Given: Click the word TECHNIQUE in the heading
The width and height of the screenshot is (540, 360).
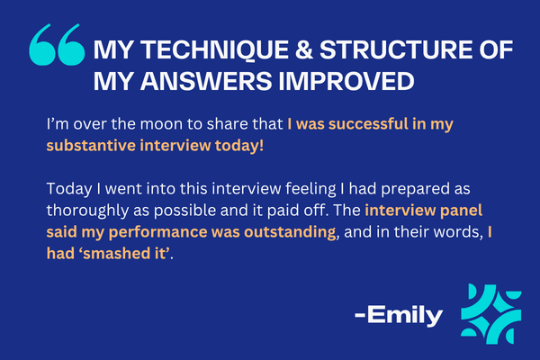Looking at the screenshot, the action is pyautogui.click(x=215, y=50).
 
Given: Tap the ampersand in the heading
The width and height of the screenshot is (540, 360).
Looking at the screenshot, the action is pyautogui.click(x=304, y=50).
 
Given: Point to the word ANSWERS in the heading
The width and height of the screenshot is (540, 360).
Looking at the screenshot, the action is pyautogui.click(x=206, y=81).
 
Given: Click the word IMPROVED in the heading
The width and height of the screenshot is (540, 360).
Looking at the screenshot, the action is pyautogui.click(x=346, y=81).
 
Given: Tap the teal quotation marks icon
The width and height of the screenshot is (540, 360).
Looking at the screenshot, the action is pyautogui.click(x=58, y=44).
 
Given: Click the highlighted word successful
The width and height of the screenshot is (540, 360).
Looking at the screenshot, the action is pyautogui.click(x=368, y=124).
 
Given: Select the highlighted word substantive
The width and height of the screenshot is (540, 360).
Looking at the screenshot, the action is pyautogui.click(x=91, y=146).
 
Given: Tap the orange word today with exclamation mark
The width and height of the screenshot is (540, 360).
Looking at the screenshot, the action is pyautogui.click(x=239, y=146).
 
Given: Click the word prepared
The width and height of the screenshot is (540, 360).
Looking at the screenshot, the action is pyautogui.click(x=415, y=190).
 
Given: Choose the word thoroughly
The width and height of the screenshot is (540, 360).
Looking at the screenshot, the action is pyautogui.click(x=87, y=211).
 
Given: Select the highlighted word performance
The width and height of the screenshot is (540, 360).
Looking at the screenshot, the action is pyautogui.click(x=157, y=232).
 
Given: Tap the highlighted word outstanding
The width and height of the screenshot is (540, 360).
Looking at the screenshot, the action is pyautogui.click(x=290, y=231).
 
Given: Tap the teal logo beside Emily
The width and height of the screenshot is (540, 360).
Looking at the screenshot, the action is pyautogui.click(x=491, y=314).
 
